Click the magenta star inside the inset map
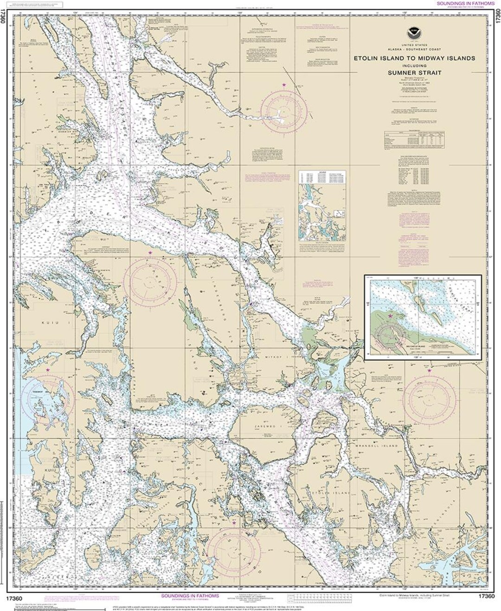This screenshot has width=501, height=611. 390,316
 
